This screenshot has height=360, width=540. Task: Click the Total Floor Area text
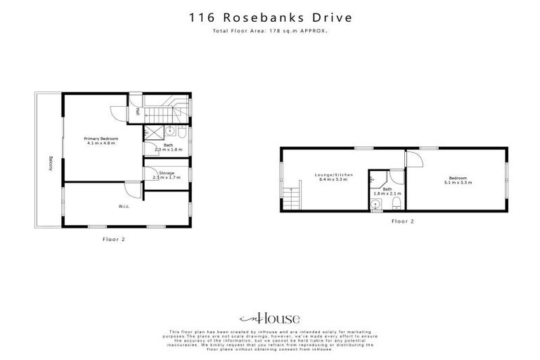click(270, 32)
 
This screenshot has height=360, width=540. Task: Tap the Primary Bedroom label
click(101, 139)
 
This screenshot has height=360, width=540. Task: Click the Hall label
click(138, 111)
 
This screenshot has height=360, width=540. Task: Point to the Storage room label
click(167, 172)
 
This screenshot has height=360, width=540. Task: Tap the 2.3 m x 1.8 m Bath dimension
click(168, 150)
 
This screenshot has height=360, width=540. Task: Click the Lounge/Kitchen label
click(335, 174)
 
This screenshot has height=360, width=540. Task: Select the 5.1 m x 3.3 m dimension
click(458, 182)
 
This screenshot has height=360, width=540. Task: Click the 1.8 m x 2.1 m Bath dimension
click(387, 193)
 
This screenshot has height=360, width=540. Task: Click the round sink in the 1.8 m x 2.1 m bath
click(376, 205)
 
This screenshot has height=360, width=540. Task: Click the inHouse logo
click(270, 318)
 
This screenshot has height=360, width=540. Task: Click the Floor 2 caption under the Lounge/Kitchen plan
click(403, 221)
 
